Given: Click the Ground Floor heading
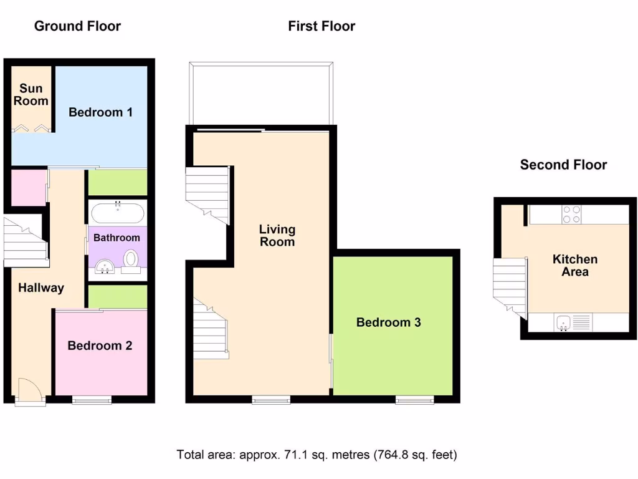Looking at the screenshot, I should click(x=77, y=26).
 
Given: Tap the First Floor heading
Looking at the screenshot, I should click(x=321, y=26).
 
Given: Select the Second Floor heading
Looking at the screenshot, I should click(x=563, y=165).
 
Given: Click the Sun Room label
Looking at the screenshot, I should click(x=31, y=95).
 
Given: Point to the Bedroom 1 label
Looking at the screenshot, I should click(x=100, y=112).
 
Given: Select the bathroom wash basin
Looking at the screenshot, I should click(x=106, y=267).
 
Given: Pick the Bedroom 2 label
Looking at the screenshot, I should click(x=100, y=346).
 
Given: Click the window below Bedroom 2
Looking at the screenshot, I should click(x=92, y=400).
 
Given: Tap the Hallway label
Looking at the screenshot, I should click(x=41, y=288).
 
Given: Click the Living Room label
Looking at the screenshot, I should click(x=277, y=236).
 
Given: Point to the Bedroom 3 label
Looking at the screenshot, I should click(x=388, y=322).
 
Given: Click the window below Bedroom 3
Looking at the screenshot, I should click(x=415, y=400).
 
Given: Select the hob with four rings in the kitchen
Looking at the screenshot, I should click(x=572, y=214).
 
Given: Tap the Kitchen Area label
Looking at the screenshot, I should click(x=575, y=266).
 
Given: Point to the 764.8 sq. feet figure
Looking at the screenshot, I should click(x=416, y=454).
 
